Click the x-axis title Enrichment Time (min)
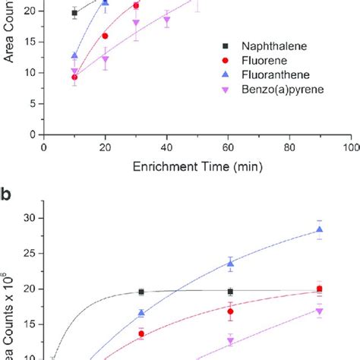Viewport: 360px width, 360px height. tap(197, 166)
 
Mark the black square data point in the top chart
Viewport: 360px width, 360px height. tap(74, 13)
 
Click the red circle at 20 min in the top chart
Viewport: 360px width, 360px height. tap(105, 36)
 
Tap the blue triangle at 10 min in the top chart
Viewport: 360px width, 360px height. tap(74, 55)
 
